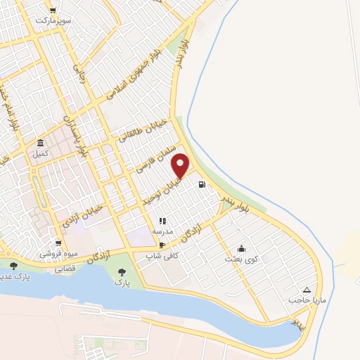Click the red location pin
click(x=181, y=165)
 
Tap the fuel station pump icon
click(x=202, y=185)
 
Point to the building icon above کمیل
click(x=41, y=143)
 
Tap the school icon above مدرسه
click(x=162, y=221)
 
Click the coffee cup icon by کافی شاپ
click(x=162, y=245)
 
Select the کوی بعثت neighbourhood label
click(x=242, y=259)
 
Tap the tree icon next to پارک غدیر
click(x=13, y=266)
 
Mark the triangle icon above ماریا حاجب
click(x=307, y=290)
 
